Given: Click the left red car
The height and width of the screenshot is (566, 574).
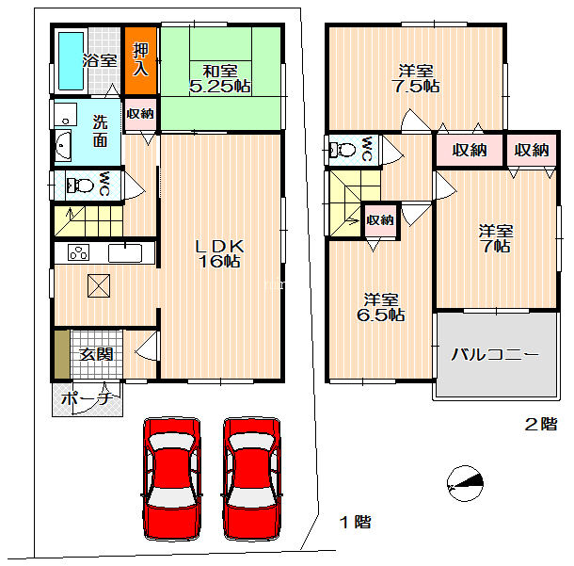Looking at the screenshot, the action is tap(171, 478).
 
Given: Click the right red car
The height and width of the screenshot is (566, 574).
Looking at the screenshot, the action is tap(252, 478).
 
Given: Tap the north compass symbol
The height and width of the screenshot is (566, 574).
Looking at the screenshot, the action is tap(465, 483).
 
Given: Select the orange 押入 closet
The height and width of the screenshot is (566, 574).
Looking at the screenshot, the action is tap(140, 60).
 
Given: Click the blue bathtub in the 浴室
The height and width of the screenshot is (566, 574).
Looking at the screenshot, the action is tap(71, 61).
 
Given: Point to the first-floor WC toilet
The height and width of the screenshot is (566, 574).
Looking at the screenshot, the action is tap(79, 186).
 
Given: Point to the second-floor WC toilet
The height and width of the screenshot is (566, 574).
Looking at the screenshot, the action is tap(343, 150).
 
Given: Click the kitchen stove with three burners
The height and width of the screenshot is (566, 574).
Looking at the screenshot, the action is tap(78, 252).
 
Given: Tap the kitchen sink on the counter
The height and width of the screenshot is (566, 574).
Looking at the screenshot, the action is tap(125, 253).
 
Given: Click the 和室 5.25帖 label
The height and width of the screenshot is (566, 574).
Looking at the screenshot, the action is tap(220, 78).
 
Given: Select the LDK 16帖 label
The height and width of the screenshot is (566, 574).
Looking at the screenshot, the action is tap(219, 253).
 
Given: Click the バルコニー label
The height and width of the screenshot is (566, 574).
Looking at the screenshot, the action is tap(495, 355).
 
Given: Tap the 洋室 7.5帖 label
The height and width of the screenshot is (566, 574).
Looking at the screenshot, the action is tap(416, 78).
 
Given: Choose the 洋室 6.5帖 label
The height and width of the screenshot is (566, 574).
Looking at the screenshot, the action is tap(381, 307).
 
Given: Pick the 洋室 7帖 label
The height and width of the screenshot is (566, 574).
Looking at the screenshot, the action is tap(496, 238).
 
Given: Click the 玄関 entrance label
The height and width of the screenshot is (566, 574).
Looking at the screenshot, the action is tap(96, 354).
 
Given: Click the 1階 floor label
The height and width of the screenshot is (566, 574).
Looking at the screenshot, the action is tap(355, 522).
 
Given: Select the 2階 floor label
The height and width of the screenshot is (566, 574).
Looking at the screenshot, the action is tap(541, 424).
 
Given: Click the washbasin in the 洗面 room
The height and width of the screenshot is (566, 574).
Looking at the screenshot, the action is tap(63, 145).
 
